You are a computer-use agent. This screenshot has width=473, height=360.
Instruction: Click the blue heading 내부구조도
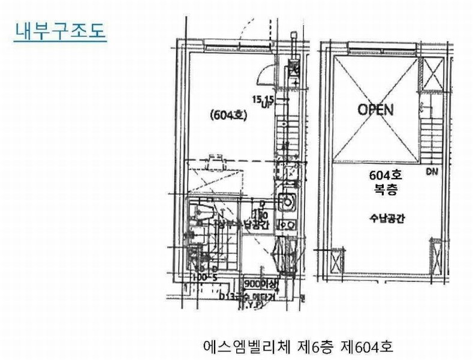59,31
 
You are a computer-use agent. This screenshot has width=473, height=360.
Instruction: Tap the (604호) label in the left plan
229,116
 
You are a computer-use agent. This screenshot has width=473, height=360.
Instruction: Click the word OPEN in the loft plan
375,110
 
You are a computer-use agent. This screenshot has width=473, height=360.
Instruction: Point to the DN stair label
432,173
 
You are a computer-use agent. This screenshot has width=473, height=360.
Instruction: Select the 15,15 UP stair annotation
264,100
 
